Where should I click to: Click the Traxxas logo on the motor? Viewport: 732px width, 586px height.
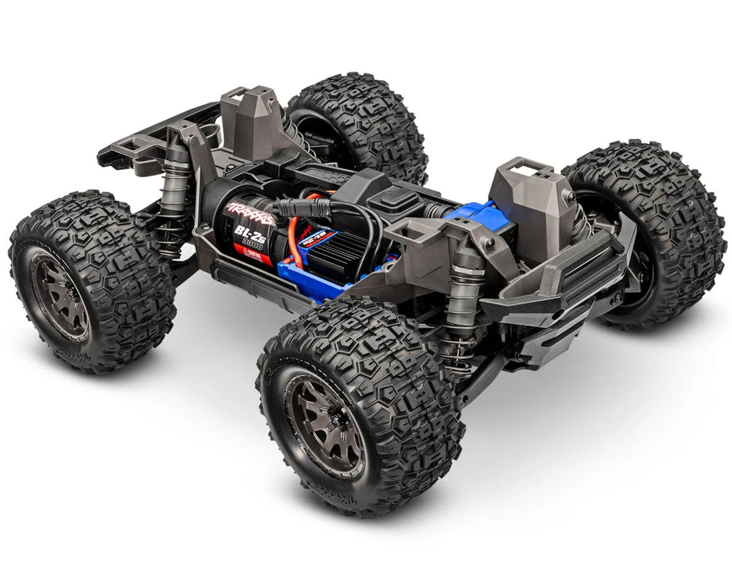pos(250,213)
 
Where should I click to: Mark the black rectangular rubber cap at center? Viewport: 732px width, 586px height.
pos(400,197)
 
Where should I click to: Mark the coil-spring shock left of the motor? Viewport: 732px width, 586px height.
pos(174,195)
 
